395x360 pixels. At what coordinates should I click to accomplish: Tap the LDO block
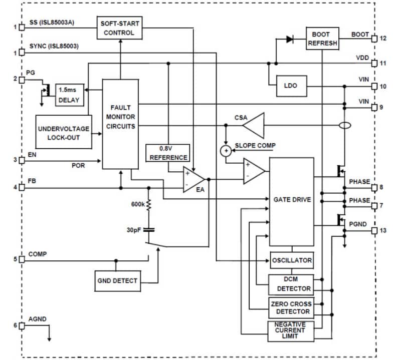tap(290, 86)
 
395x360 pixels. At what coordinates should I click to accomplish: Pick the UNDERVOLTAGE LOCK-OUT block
tap(64, 132)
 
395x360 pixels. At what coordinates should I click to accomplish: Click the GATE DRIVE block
tap(292, 199)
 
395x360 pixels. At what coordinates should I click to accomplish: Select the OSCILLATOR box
tap(292, 260)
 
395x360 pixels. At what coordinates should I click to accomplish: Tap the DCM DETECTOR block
tap(291, 284)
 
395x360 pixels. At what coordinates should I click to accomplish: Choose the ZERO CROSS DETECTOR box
tap(291, 308)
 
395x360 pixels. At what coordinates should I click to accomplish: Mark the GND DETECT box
tap(117, 281)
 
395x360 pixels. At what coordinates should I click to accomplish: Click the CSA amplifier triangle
tap(255, 125)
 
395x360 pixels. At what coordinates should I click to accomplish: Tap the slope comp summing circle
tap(226, 150)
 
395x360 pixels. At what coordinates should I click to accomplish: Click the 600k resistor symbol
tap(149, 204)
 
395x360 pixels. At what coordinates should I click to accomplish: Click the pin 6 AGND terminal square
tap(22, 325)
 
